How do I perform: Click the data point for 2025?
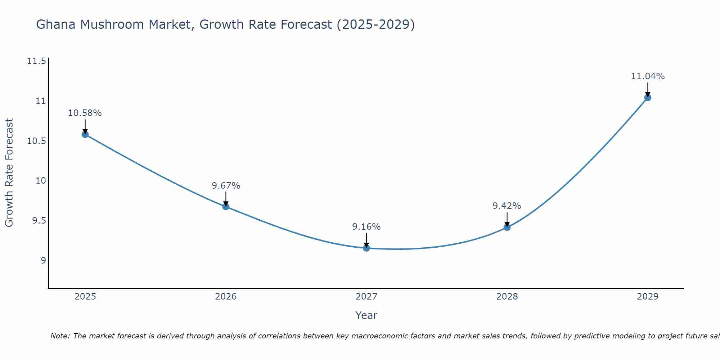pyautogui.click(x=85, y=135)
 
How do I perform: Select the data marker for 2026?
pyautogui.click(x=226, y=207)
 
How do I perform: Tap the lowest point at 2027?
pyautogui.click(x=366, y=248)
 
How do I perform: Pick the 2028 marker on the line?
pyautogui.click(x=507, y=227)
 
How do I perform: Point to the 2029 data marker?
pyautogui.click(x=648, y=98)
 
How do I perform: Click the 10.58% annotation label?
pyautogui.click(x=85, y=113)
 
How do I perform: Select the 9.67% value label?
pyautogui.click(x=226, y=186)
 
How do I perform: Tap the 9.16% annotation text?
pyautogui.click(x=366, y=227)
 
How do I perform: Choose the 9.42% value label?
pyautogui.click(x=507, y=206)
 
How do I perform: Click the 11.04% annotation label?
pyautogui.click(x=648, y=76)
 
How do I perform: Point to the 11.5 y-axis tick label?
pyautogui.click(x=36, y=61)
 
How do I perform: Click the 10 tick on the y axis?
pyautogui.click(x=41, y=180)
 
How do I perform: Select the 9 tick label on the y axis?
pyautogui.click(x=43, y=260)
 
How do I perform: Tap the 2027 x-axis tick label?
pyautogui.click(x=366, y=297)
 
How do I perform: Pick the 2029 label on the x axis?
pyautogui.click(x=648, y=297)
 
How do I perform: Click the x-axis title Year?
pyautogui.click(x=366, y=315)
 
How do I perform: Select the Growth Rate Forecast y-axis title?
pyautogui.click(x=9, y=172)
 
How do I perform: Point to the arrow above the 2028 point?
pyautogui.click(x=507, y=219)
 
